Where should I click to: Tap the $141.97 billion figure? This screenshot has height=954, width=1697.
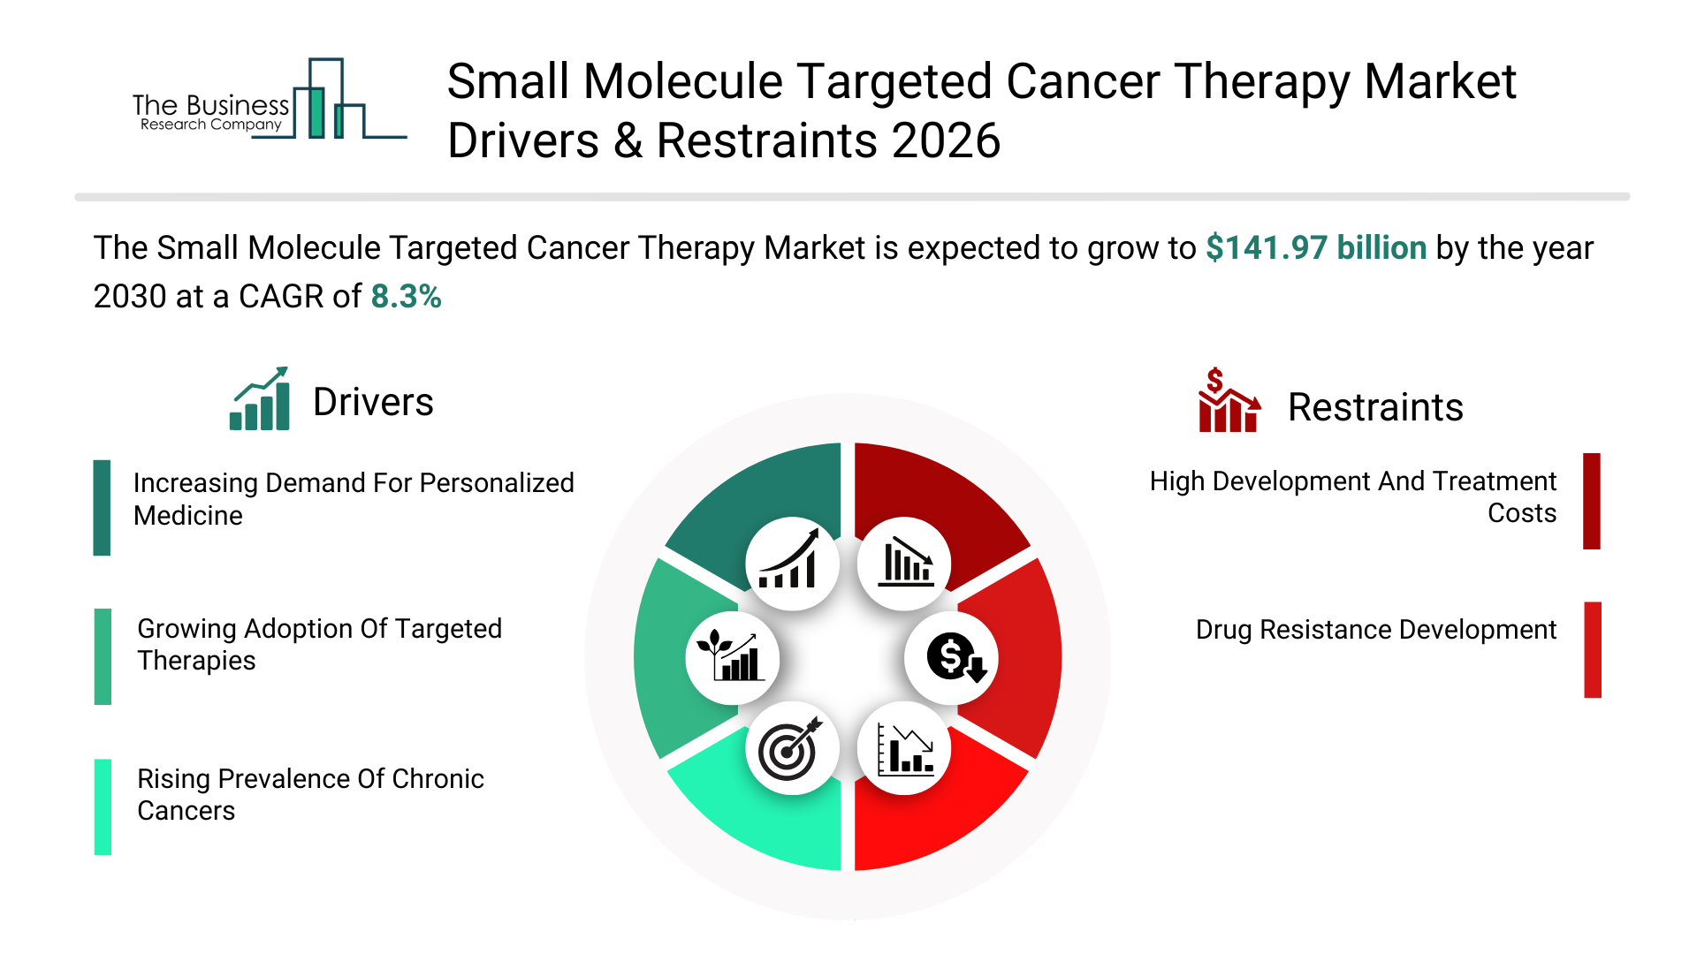[x=1315, y=248]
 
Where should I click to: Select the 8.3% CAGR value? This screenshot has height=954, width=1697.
[x=406, y=297]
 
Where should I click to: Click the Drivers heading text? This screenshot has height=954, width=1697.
[x=373, y=403]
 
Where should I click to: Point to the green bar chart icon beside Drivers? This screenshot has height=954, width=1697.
[x=260, y=399]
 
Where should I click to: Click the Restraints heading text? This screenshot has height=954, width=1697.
[x=1374, y=408]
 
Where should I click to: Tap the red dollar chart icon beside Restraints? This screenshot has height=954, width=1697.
[x=1228, y=401]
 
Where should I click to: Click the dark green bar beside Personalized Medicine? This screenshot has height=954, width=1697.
[x=102, y=508]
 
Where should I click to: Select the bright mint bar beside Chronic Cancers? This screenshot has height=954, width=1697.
[x=103, y=806]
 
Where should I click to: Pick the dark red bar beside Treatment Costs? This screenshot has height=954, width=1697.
[x=1591, y=501]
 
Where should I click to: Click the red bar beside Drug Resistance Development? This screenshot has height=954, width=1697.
[x=1592, y=649]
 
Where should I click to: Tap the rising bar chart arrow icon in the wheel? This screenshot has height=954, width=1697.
[x=791, y=563]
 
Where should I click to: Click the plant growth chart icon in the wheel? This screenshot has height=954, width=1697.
[x=731, y=657]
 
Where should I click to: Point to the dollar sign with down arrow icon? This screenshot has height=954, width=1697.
[x=952, y=657]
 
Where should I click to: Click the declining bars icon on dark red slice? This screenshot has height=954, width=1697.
[x=905, y=563]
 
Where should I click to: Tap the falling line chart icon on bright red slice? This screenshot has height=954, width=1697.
[x=904, y=748]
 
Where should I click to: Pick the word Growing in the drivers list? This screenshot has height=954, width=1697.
[x=186, y=629]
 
